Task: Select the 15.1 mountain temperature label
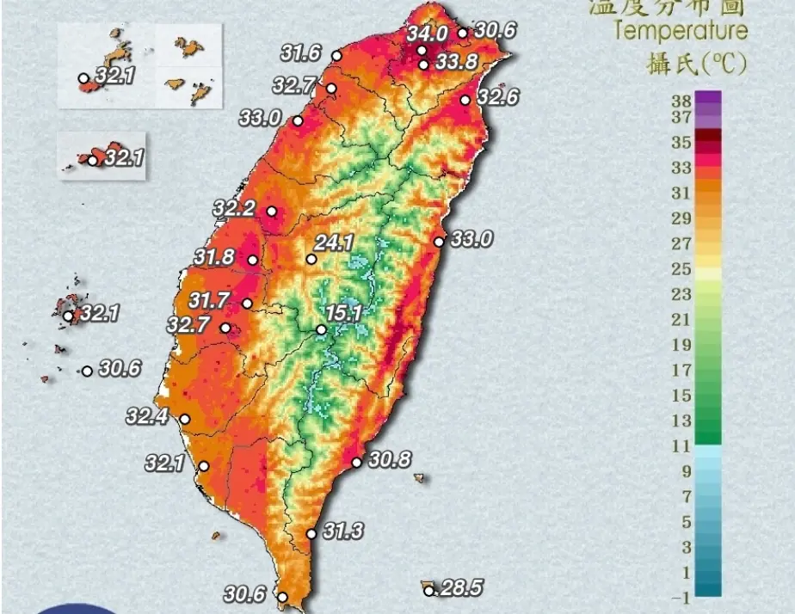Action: tap(342, 313)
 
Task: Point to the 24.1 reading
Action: tap(336, 243)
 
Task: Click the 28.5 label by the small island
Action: tap(461, 588)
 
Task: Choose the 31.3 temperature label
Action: tap(342, 532)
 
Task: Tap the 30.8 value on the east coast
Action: tap(390, 460)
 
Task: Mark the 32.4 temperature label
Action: tap(146, 417)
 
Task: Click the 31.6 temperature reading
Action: tap(300, 53)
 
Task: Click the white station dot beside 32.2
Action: tap(272, 212)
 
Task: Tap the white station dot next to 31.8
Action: tap(253, 261)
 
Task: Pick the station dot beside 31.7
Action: tap(248, 303)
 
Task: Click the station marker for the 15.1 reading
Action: tap(321, 329)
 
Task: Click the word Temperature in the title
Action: tap(681, 32)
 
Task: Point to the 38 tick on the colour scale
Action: tap(681, 100)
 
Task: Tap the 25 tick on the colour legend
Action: tap(681, 269)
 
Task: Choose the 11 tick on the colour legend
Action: tap(681, 445)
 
